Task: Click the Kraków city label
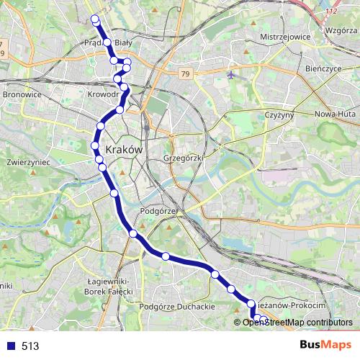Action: (x=125, y=149)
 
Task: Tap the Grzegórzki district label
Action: (x=184, y=156)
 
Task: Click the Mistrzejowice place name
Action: (x=284, y=35)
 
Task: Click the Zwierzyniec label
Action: (x=27, y=163)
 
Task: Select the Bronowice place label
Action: (x=22, y=94)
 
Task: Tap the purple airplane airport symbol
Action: (x=230, y=74)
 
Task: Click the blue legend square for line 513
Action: (x=9, y=346)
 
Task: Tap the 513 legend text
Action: (x=30, y=346)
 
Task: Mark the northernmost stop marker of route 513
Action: (x=94, y=18)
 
